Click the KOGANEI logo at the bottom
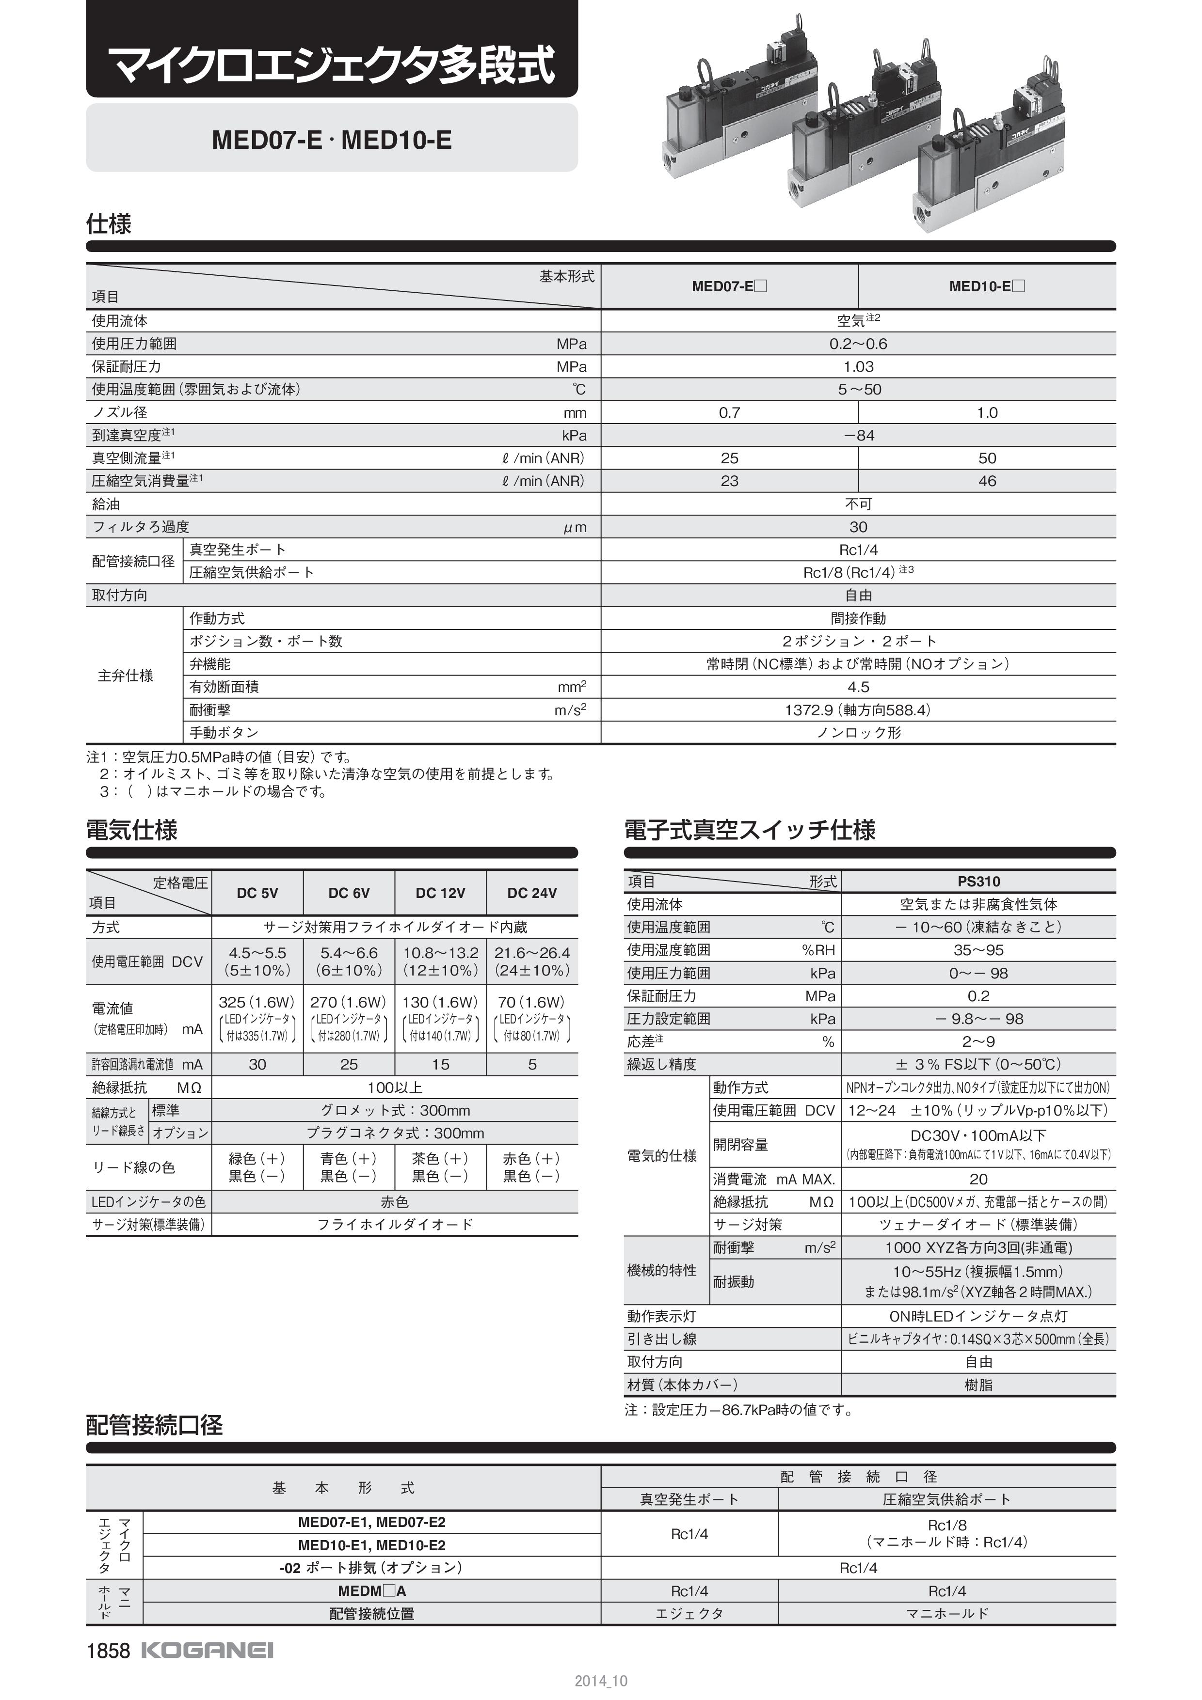click(x=207, y=1651)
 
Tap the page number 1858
click(x=108, y=1651)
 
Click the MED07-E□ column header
click(x=729, y=286)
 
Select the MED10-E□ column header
click(x=987, y=286)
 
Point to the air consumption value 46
click(x=987, y=481)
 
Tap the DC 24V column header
click(x=532, y=893)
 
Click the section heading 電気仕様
click(x=132, y=830)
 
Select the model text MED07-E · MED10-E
click(x=331, y=140)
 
